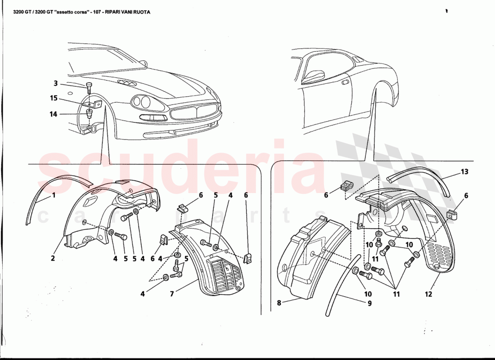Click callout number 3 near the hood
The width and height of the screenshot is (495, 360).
[x=56, y=83]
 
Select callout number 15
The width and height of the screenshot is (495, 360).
[x=54, y=98]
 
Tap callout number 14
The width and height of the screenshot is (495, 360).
[x=54, y=114]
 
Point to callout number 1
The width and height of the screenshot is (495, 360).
[x=54, y=195]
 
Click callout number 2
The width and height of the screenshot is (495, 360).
[x=53, y=258]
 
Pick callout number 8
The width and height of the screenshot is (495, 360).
[x=279, y=303]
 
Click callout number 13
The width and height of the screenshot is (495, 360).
[x=464, y=171]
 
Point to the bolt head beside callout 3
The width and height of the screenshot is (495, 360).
[x=89, y=85]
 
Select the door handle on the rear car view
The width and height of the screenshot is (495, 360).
[x=345, y=83]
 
